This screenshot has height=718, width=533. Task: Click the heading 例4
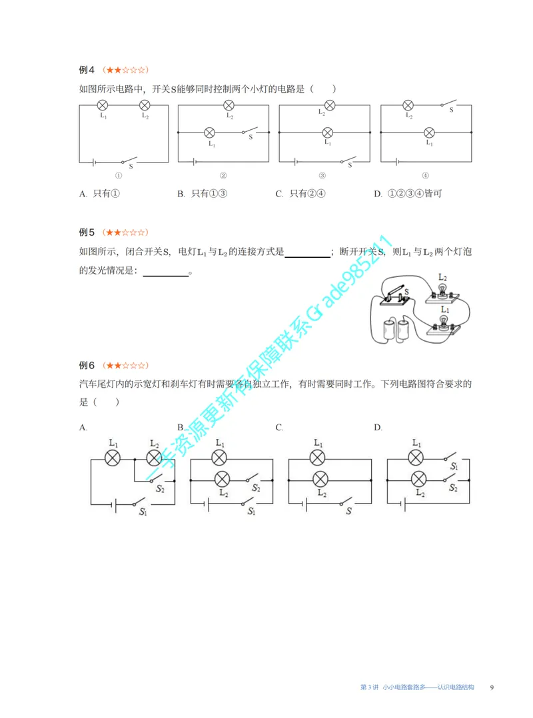[87, 69]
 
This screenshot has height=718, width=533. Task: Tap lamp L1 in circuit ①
[103, 105]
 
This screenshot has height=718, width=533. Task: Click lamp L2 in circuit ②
[229, 105]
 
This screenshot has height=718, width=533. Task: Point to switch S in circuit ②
[250, 131]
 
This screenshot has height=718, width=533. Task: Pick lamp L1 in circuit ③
[327, 133]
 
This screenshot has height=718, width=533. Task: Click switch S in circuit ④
[449, 103]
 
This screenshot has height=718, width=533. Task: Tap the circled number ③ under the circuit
[322, 175]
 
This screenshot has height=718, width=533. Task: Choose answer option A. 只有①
[99, 193]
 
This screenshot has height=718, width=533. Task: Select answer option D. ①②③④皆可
[408, 193]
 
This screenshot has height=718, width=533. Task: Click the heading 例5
[87, 232]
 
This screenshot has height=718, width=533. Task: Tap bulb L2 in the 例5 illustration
[442, 292]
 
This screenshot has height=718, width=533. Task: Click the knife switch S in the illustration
[395, 295]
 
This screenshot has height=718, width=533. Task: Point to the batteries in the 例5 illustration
[396, 329]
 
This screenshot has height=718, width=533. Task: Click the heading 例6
[87, 365]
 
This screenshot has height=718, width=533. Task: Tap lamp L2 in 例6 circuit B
[222, 480]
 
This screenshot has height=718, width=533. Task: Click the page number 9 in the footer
[492, 687]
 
